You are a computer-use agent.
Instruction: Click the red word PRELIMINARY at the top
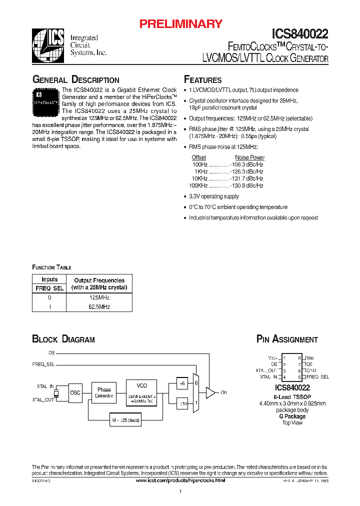pos(180,23)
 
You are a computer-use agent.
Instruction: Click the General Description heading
pos(75,80)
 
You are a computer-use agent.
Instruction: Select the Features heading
pos(202,80)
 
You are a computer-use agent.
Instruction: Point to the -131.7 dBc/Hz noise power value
pos(246,178)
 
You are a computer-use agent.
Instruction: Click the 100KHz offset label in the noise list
pos(199,185)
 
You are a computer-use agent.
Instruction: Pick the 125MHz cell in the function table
pos(98,297)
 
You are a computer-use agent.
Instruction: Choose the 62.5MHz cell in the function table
pos(98,306)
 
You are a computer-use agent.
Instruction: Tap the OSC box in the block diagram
pos(75,392)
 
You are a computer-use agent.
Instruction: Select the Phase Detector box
pos(104,393)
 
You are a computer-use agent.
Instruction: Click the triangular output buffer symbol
pos(210,392)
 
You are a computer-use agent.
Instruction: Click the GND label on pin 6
pos(310,370)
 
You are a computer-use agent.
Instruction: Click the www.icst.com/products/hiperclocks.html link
pos(180,480)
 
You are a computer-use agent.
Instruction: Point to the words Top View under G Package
pos(292,422)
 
